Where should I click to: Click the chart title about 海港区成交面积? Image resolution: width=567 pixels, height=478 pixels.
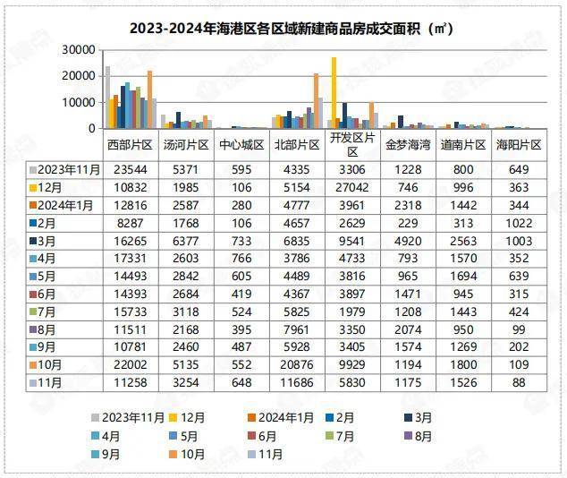(292, 29)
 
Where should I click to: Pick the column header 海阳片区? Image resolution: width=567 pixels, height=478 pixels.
(519, 144)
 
